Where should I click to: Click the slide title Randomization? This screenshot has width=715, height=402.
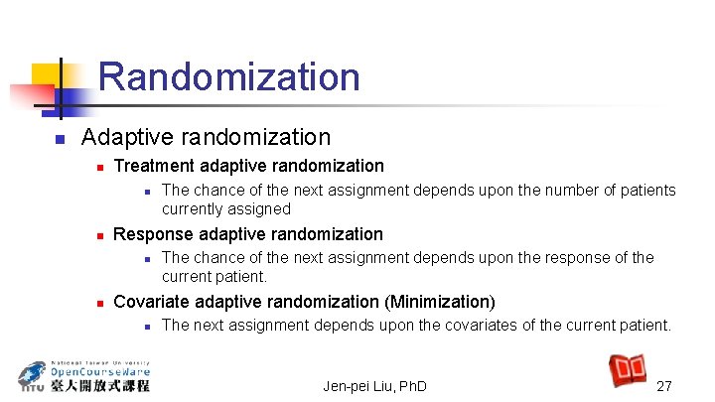coord(229,77)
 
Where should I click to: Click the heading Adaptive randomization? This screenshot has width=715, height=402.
coord(206,136)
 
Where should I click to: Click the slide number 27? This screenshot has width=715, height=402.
coord(664,385)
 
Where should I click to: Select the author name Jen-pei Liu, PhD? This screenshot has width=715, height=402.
coord(375,385)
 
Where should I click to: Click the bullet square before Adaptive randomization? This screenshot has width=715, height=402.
coord(60,138)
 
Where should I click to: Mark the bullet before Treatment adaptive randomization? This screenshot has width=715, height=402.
coord(98,167)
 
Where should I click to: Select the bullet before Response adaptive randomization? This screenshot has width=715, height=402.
coord(98,235)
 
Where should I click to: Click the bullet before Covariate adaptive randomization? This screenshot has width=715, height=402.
coord(98,303)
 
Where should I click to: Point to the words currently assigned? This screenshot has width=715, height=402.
coord(226,208)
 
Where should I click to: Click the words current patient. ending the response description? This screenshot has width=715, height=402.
coord(214,276)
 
